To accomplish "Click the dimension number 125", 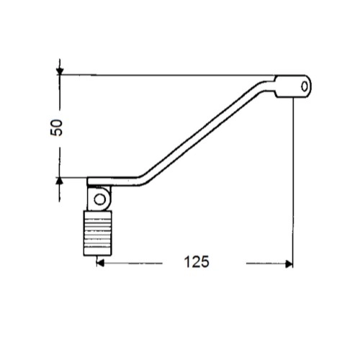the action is click(197, 262).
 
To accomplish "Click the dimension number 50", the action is click(57, 127).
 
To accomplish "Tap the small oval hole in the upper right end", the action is click(305, 86).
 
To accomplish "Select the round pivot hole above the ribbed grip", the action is click(99, 199).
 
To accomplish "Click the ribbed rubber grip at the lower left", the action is click(97, 233).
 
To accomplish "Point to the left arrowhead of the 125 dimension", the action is click(100, 263).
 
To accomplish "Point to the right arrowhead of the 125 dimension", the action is click(289, 264).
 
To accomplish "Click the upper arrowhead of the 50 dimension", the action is click(60, 71).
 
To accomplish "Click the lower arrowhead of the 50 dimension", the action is click(60, 181).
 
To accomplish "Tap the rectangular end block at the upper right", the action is click(293, 86).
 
